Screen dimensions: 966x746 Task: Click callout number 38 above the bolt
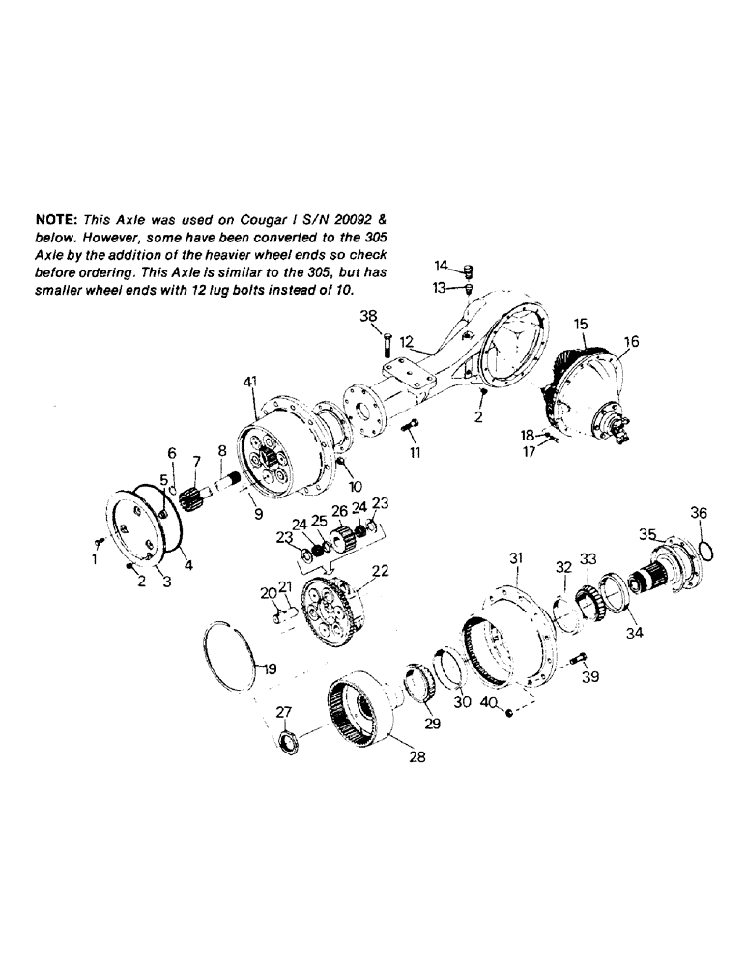tap(370, 316)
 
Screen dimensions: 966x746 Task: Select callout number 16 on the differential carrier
tap(631, 341)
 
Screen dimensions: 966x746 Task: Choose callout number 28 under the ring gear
tap(416, 758)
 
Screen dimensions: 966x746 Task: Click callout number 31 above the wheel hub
tap(516, 557)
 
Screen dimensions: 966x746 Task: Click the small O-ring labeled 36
tap(706, 550)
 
